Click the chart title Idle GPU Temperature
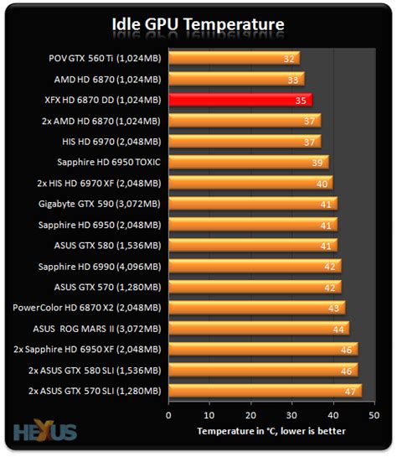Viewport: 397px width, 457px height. pyautogui.click(x=198, y=23)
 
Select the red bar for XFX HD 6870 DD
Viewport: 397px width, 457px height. pyautogui.click(x=240, y=100)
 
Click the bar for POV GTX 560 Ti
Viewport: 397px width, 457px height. pyautogui.click(x=233, y=59)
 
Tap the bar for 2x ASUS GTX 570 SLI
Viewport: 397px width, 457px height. pyautogui.click(x=264, y=390)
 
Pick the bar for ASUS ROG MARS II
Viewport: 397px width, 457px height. pyautogui.click(x=258, y=328)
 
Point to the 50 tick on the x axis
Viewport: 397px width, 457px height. pyautogui.click(x=374, y=413)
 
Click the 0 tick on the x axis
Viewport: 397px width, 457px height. pyautogui.click(x=168, y=413)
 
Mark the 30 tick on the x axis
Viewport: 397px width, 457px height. pyautogui.click(x=291, y=413)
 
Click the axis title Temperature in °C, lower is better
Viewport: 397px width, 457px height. pyautogui.click(x=272, y=431)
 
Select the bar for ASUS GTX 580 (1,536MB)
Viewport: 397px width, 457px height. pyautogui.click(x=251, y=245)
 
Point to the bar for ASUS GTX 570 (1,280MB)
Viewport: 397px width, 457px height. pyautogui.click(x=254, y=287)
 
